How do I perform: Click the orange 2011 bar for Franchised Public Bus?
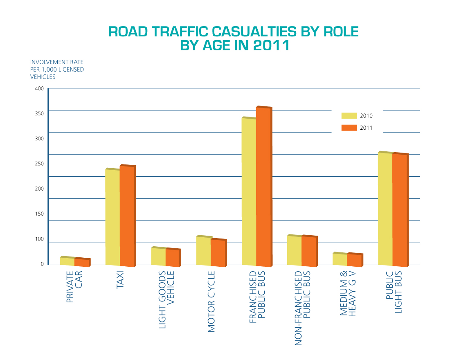tap(263, 186)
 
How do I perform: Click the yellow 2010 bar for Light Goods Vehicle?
tap(158, 256)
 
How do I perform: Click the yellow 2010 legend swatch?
tap(349, 116)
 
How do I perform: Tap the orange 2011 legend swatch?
tap(349, 128)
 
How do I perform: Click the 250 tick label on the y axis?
tap(39, 164)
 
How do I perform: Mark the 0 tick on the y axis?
tap(42, 264)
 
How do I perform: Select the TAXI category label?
tap(120, 281)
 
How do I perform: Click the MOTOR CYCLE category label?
tap(211, 301)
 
